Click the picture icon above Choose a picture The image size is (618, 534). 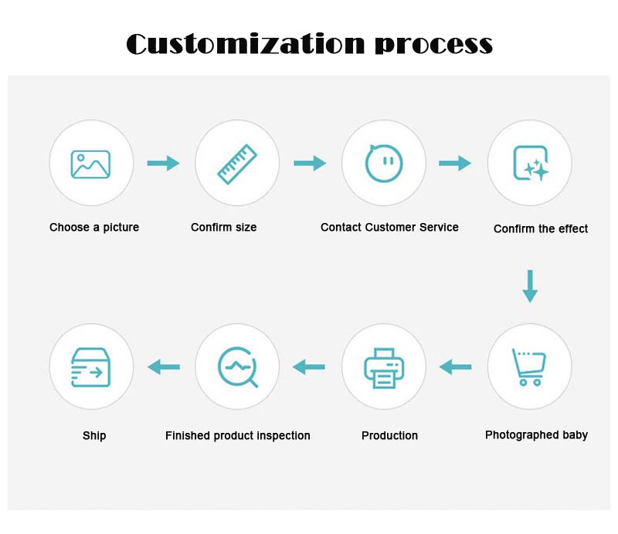(91, 163)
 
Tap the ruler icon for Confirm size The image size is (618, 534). (237, 163)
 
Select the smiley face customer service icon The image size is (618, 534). (384, 163)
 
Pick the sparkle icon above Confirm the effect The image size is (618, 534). (530, 163)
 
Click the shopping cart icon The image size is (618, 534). (529, 367)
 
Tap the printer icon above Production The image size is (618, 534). (384, 367)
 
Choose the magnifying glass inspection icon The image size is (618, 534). (237, 367)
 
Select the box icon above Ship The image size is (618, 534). (91, 367)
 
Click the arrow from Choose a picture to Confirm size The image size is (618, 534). (163, 163)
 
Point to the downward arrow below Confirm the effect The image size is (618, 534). (529, 286)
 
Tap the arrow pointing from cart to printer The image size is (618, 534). (456, 367)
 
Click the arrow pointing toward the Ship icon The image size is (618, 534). (164, 367)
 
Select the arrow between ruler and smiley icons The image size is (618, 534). (309, 163)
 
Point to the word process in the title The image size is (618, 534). (433, 45)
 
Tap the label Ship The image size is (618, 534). (94, 436)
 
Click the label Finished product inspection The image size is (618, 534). (238, 436)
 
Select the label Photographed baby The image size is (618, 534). (536, 435)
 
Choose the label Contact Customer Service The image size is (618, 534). (389, 227)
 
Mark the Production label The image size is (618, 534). (389, 436)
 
